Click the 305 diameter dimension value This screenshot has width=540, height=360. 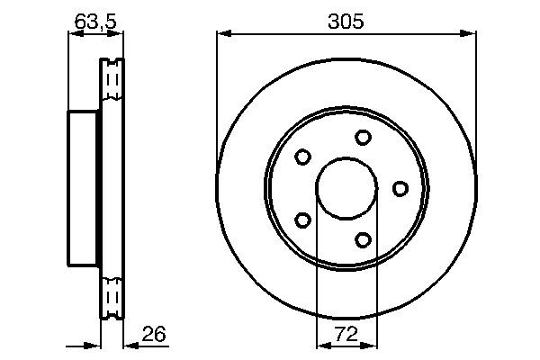(346, 22)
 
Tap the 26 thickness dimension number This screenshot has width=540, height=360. (154, 335)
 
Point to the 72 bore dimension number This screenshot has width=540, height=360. (346, 335)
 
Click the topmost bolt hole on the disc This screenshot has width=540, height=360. (363, 137)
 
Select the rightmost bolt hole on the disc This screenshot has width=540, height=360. (400, 188)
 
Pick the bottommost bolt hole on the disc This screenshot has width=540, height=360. (363, 239)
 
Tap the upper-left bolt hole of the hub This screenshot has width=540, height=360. (303, 157)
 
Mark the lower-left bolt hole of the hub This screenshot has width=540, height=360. (303, 220)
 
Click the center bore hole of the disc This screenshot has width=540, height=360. (346, 188)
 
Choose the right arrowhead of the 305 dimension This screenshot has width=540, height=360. (469, 34)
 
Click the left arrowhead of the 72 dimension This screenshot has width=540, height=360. (322, 344)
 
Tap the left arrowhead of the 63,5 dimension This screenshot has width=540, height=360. (75, 34)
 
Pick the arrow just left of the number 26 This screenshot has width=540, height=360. (130, 344)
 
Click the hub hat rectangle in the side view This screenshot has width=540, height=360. (84, 188)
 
